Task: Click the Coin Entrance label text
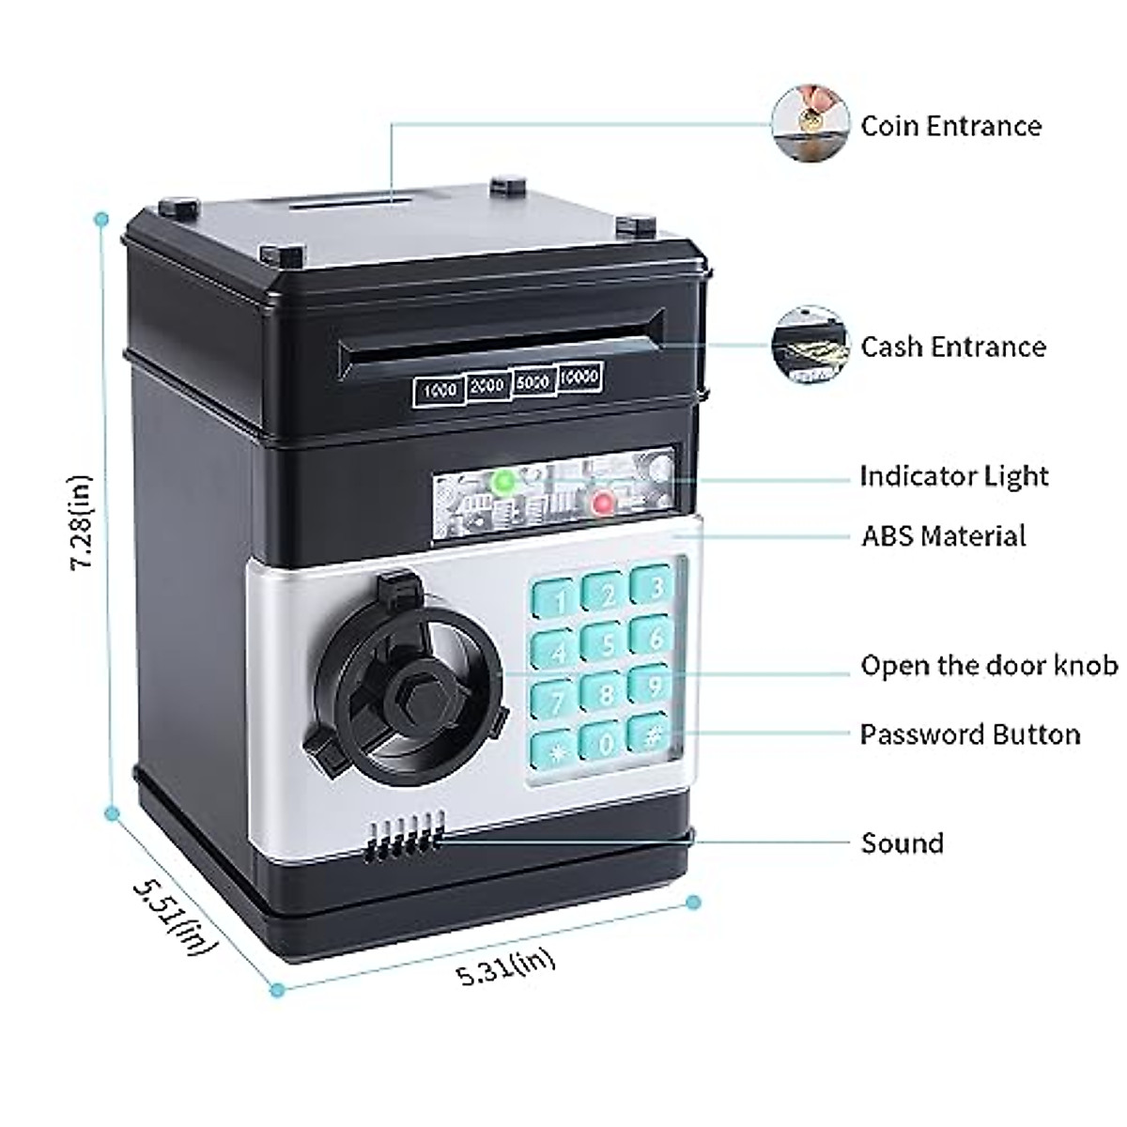point(950,126)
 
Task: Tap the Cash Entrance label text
point(952,347)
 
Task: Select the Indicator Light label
point(953,476)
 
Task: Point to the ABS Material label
point(943,536)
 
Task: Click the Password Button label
point(969,733)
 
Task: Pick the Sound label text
point(902,842)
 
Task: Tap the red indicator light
point(603,504)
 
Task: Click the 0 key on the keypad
point(604,743)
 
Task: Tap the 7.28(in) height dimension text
point(83,522)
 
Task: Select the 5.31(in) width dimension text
point(506,965)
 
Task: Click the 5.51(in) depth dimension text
point(174,915)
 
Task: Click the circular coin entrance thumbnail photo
point(809,124)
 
